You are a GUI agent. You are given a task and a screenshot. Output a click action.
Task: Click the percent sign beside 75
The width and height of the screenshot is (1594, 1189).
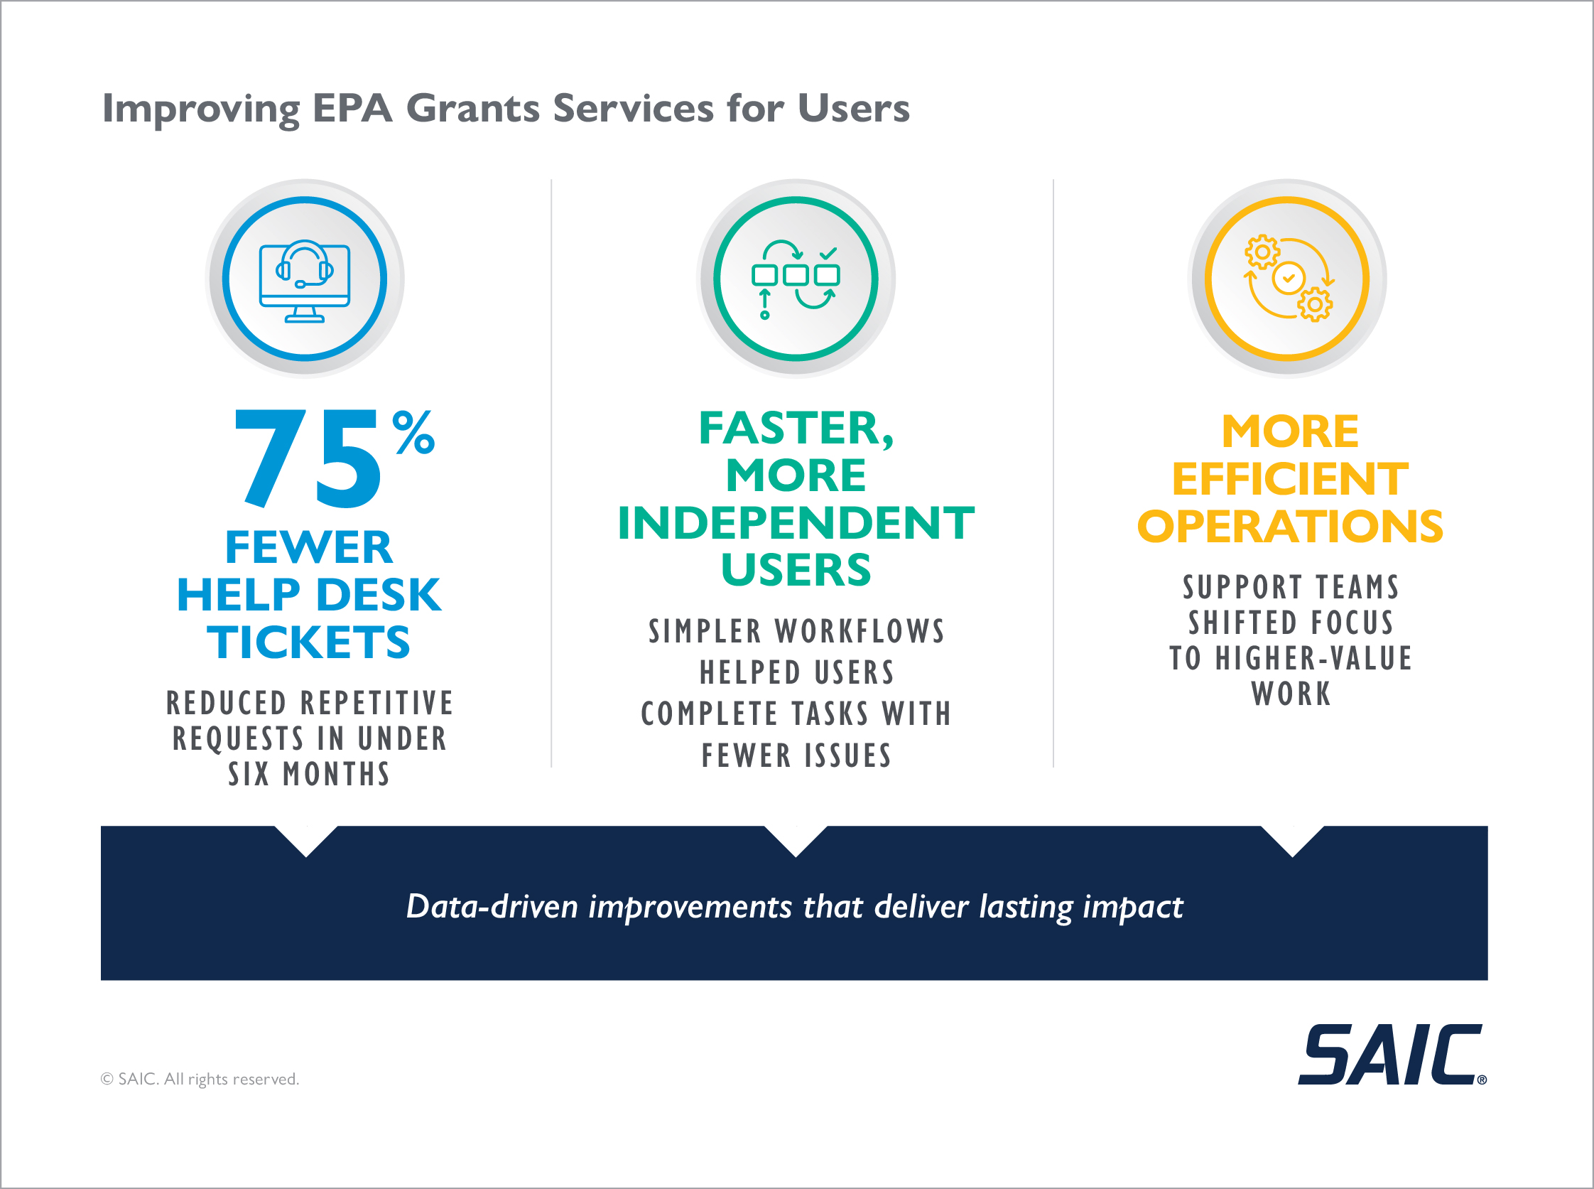(413, 432)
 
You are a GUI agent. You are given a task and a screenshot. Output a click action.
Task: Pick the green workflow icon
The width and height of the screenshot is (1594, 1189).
(796, 279)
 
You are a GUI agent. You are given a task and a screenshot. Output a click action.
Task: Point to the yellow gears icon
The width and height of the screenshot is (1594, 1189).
(1288, 279)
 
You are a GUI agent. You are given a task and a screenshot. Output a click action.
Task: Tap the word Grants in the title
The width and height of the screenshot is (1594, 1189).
(472, 109)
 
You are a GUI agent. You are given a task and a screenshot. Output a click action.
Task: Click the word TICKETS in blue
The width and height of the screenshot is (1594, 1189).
(308, 641)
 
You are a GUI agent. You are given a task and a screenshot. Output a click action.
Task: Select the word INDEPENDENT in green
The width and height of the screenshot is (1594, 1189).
(796, 522)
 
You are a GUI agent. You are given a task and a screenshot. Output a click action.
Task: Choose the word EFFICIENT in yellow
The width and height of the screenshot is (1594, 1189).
(1290, 479)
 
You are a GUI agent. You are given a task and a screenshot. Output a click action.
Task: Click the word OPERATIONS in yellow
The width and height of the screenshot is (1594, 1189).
(1290, 527)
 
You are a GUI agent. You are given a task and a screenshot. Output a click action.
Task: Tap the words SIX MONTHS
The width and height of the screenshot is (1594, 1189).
(308, 775)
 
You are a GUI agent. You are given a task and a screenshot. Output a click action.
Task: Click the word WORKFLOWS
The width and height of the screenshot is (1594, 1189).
(860, 632)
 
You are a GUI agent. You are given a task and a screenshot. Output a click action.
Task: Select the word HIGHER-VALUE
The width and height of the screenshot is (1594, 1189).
(1313, 659)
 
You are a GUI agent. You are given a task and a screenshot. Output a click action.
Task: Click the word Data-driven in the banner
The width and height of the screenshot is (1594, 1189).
(492, 906)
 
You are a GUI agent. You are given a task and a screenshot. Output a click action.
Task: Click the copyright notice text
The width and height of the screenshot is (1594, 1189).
(200, 1079)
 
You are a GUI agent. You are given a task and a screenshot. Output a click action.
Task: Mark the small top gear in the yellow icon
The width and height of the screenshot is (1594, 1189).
(1262, 252)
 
